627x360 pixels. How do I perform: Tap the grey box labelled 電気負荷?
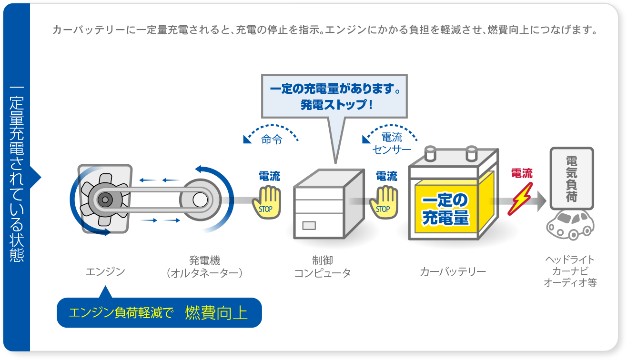571,179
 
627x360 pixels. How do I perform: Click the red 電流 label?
521,173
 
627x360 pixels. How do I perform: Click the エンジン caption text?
105,272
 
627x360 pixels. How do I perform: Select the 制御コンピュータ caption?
322,267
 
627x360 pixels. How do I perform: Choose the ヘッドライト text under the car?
570,260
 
